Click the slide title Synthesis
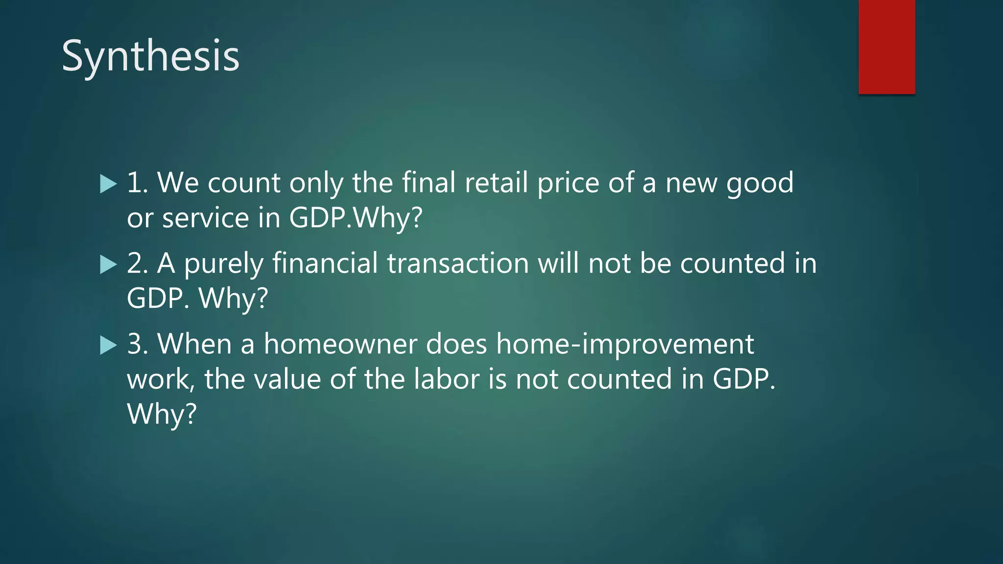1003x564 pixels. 150,57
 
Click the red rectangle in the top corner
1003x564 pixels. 886,47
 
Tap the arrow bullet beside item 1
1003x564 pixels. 108,185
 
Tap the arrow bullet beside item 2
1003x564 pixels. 108,265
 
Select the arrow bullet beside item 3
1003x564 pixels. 108,345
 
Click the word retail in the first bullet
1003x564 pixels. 496,183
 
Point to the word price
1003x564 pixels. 568,184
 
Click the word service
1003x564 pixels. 206,218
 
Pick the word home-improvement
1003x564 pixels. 625,344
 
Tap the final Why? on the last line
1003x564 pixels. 162,414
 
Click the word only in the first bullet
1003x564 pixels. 316,184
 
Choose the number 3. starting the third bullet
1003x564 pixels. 138,344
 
